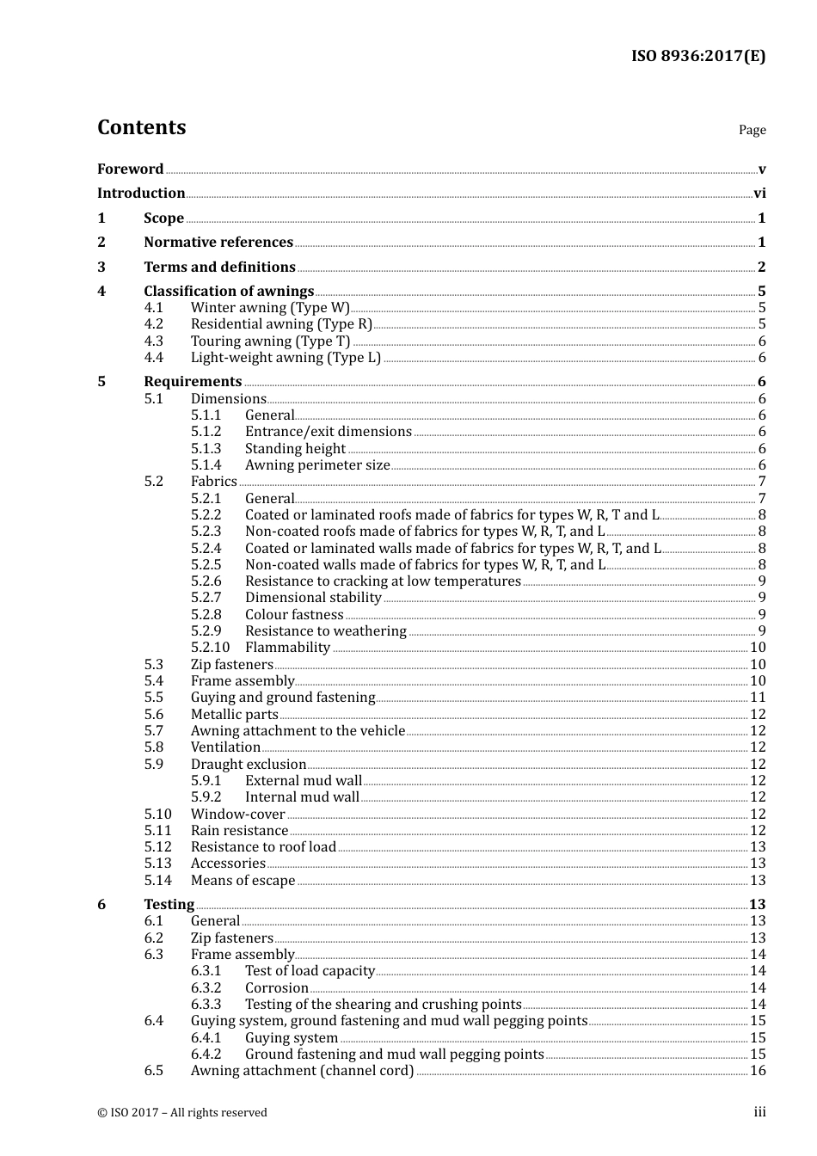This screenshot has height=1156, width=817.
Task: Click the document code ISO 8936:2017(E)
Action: click(697, 56)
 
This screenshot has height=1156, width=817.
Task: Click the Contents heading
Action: click(141, 127)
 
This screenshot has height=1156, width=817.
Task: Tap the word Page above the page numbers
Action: click(752, 130)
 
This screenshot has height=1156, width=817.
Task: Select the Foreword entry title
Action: click(130, 169)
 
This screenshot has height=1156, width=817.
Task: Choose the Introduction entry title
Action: click(141, 193)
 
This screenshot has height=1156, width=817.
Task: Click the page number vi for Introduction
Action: click(759, 194)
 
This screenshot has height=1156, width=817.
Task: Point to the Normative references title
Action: click(218, 243)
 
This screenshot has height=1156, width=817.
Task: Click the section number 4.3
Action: click(154, 341)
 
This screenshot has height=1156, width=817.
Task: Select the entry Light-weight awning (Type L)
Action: click(286, 357)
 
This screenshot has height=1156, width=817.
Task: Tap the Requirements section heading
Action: click(193, 381)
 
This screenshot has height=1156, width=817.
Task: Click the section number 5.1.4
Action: click(206, 464)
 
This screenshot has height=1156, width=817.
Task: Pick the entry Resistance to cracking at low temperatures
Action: click(383, 581)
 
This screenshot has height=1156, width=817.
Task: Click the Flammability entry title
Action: click(287, 647)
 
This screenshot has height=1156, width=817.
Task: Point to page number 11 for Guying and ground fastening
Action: click(758, 697)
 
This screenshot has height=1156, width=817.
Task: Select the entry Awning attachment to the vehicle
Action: click(298, 730)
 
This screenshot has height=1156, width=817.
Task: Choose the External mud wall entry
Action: click(304, 780)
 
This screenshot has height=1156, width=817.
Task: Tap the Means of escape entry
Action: click(243, 880)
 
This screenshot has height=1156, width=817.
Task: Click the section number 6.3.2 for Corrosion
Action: click(206, 987)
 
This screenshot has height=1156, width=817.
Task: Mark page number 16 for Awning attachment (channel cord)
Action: click(758, 1070)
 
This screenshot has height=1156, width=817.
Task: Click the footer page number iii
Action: click(759, 1111)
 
